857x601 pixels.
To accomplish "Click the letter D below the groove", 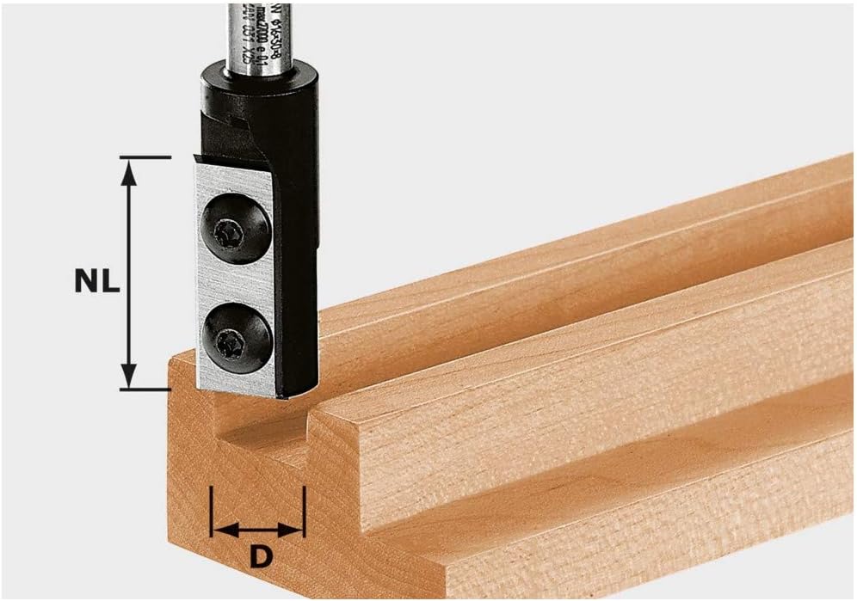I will point(260,556).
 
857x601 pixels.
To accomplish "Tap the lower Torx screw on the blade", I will point(231,334).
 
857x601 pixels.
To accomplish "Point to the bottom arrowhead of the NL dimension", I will point(129,377).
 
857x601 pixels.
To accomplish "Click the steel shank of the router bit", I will point(255,34).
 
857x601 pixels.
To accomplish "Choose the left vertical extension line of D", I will point(212,512).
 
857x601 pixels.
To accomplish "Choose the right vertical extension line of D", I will point(304,512).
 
